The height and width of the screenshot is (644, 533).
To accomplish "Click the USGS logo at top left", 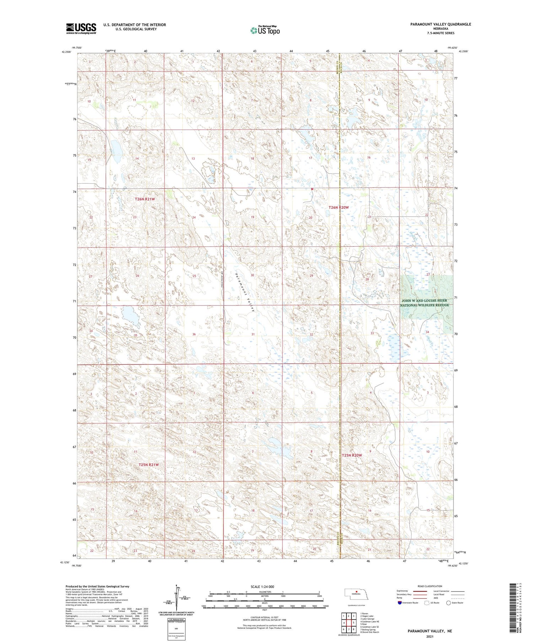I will click(81, 28).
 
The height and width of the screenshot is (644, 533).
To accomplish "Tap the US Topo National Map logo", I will click(265, 31).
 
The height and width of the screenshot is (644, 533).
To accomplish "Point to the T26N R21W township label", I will click(145, 199).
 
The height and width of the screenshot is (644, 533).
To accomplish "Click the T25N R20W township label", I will click(352, 455).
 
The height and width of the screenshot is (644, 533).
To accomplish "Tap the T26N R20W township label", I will click(339, 207).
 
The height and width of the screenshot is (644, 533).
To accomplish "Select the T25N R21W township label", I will click(148, 465).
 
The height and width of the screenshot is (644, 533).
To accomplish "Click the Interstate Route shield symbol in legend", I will click(399, 603).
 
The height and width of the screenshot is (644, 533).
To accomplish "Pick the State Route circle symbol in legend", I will click(449, 603).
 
